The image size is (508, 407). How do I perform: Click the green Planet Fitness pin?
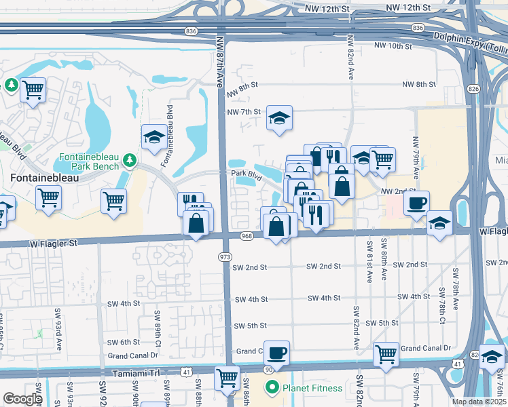[x=272, y=388]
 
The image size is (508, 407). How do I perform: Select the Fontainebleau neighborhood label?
[x=45, y=178]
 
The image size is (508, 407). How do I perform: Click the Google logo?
[x=22, y=399]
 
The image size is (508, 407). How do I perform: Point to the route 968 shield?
[x=247, y=235]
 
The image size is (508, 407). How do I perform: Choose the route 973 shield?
[x=225, y=256]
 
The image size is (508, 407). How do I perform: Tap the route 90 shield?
[x=270, y=369]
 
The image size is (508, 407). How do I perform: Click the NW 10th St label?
[x=393, y=47]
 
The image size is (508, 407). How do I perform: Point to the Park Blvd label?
[x=246, y=174]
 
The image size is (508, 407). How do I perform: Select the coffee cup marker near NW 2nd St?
[x=416, y=201]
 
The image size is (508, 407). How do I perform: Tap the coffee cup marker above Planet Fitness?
[x=276, y=352]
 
